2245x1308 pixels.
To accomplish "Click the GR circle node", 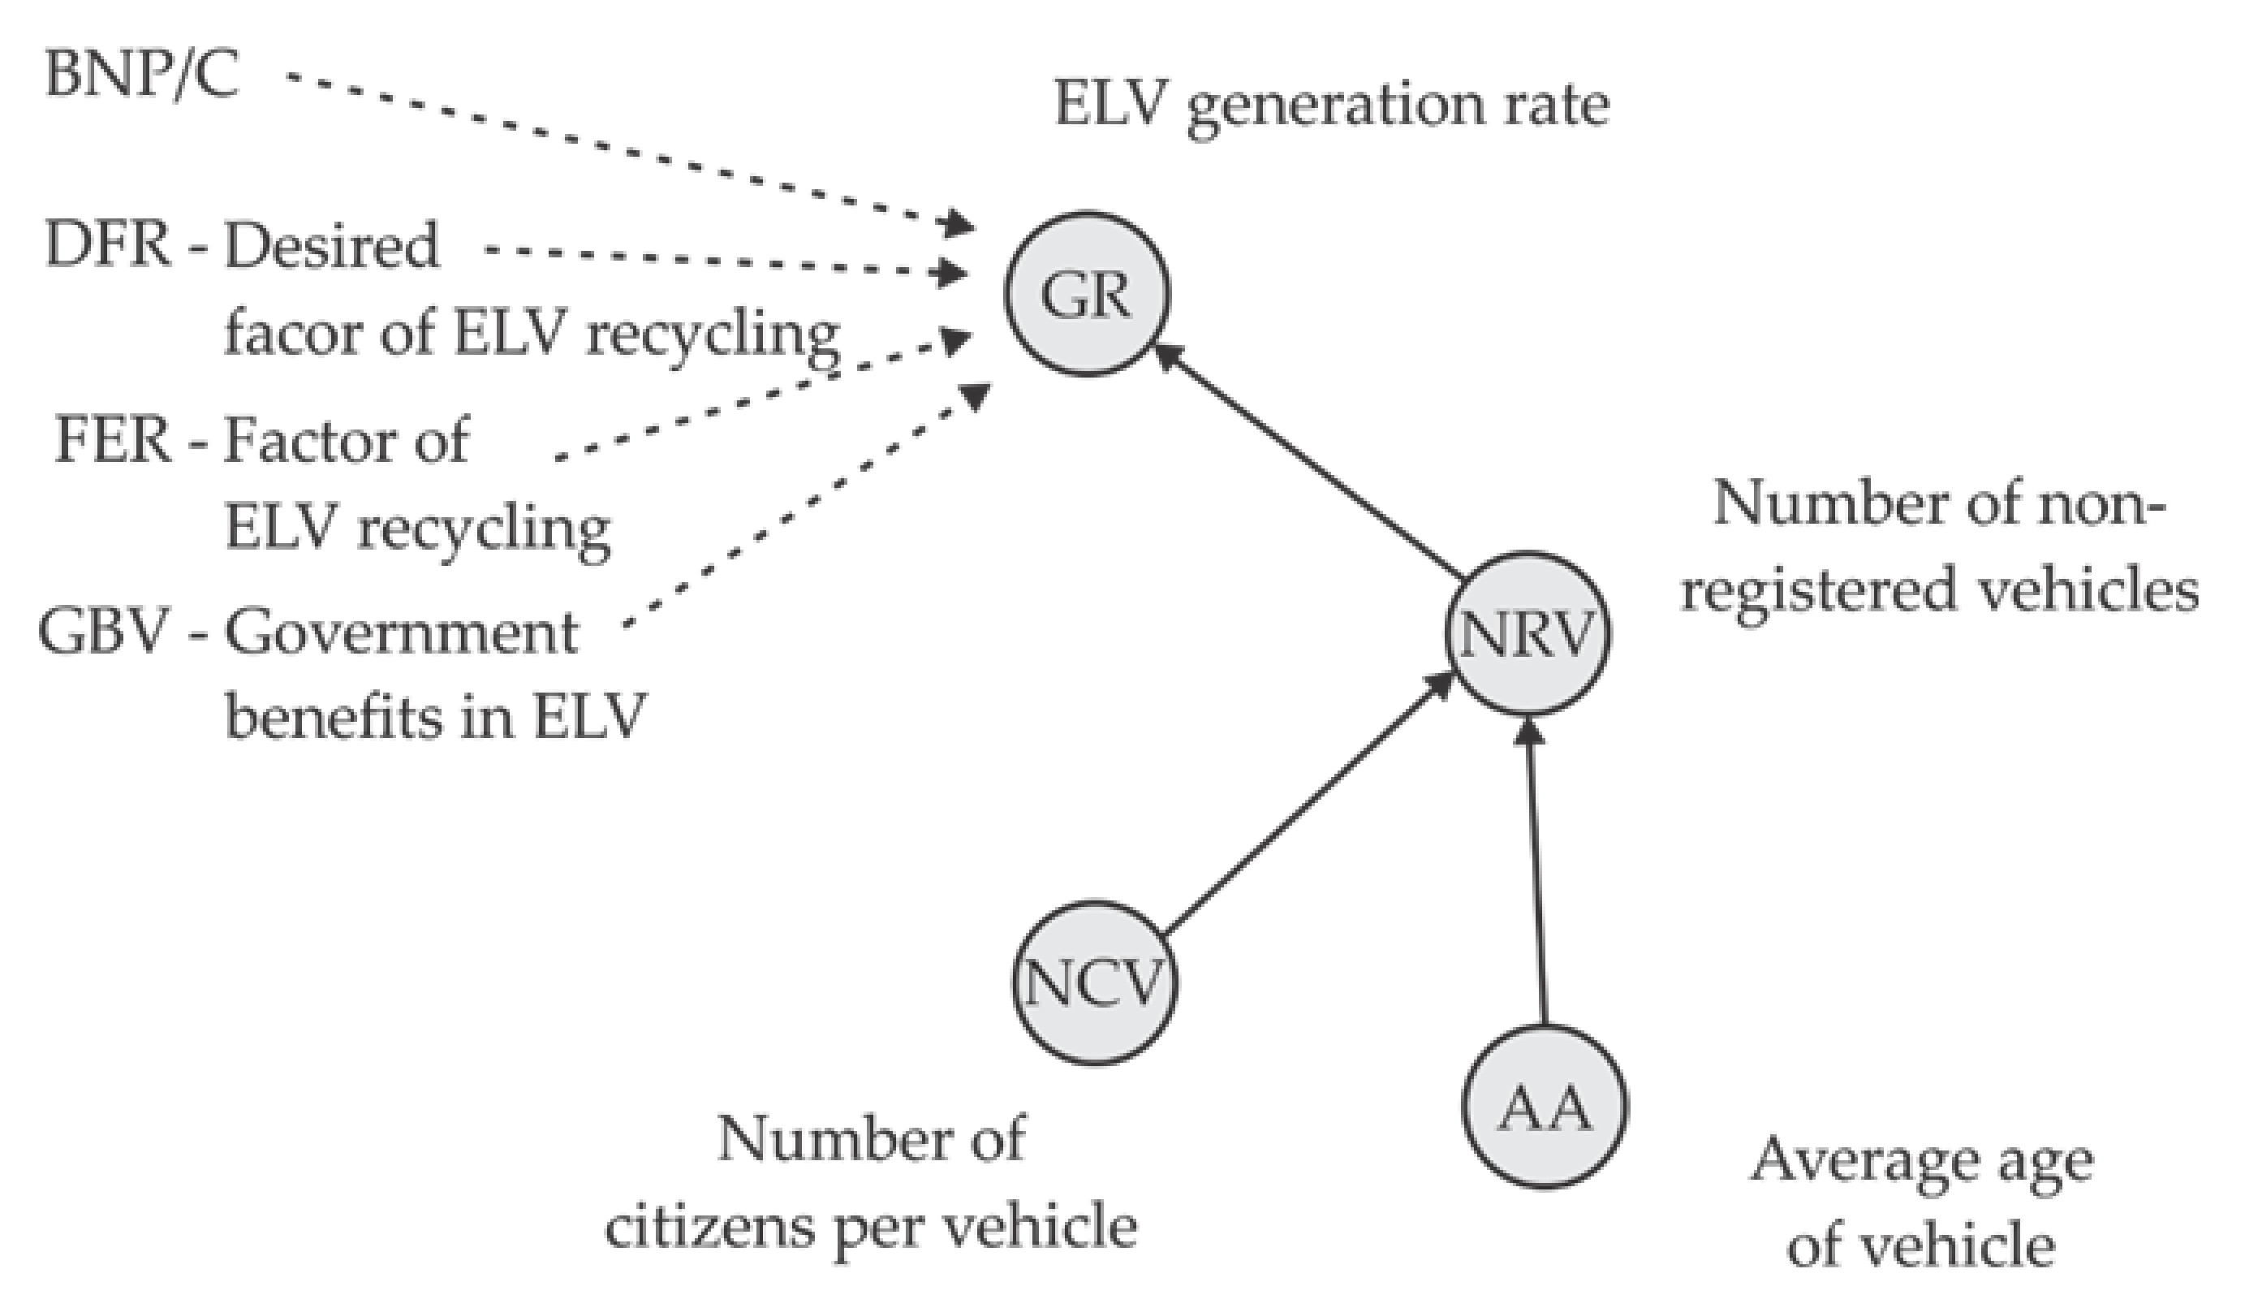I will pyautogui.click(x=1087, y=294).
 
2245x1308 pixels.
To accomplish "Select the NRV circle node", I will pyautogui.click(x=1527, y=633).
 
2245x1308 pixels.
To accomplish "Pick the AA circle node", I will pyautogui.click(x=1544, y=1107).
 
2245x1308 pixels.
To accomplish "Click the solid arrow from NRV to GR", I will pyautogui.click(x=1310, y=464).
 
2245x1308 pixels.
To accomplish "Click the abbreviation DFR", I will pyautogui.click(x=107, y=244).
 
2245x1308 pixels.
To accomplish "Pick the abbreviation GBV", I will pyautogui.click(x=102, y=633).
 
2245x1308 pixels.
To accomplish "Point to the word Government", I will pyautogui.click(x=401, y=633).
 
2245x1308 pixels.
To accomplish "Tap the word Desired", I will pyautogui.click(x=331, y=244).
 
